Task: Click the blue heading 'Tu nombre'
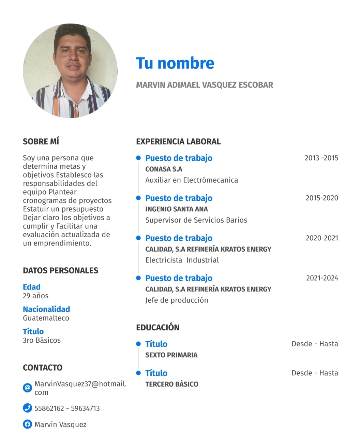(x=175, y=63)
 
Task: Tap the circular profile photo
(x=70, y=71)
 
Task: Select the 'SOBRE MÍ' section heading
(x=41, y=141)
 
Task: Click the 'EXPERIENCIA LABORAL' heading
(x=178, y=141)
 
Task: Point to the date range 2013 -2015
(x=321, y=158)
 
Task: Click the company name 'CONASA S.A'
(x=164, y=169)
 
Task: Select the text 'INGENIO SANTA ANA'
(x=176, y=209)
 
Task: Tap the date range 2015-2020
(x=321, y=198)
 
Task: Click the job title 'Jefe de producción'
(x=177, y=300)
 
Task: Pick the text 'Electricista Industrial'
(x=182, y=260)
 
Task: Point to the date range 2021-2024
(x=322, y=278)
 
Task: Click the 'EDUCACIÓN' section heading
(x=157, y=327)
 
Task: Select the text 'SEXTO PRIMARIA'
(x=171, y=355)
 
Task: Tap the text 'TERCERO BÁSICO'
(x=171, y=384)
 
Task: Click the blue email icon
(x=27, y=388)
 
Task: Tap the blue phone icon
(x=27, y=408)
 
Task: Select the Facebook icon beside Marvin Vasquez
(x=27, y=424)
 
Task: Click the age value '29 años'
(x=35, y=296)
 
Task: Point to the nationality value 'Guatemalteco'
(x=46, y=318)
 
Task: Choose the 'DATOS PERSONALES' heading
(x=60, y=271)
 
